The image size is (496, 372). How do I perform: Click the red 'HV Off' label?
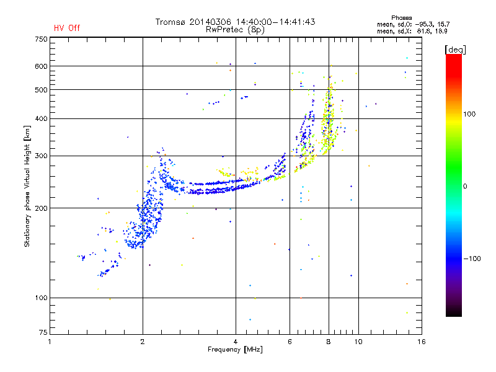point(67,28)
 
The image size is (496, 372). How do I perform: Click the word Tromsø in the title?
point(170,22)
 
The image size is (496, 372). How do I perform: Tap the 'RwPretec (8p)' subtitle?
point(235,30)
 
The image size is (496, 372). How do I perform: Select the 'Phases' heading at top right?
point(401,18)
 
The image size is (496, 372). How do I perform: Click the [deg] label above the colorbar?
point(455,50)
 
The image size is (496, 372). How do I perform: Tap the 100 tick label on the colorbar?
point(469,114)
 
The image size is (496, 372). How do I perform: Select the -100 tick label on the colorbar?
point(472,259)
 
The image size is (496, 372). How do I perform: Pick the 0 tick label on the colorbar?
point(465,187)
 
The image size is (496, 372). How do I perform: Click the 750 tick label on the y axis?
point(41,39)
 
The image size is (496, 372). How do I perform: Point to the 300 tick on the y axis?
point(41,156)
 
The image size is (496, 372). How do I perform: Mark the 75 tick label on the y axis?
point(43,332)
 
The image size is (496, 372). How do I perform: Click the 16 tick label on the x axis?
point(422,342)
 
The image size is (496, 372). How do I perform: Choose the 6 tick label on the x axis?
point(290,342)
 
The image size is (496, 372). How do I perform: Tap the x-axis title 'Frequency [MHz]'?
point(235,350)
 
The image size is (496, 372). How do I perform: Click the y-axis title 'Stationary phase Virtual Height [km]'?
point(27,186)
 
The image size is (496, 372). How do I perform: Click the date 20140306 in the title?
point(210,22)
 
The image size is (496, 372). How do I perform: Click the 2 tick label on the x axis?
point(143,342)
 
